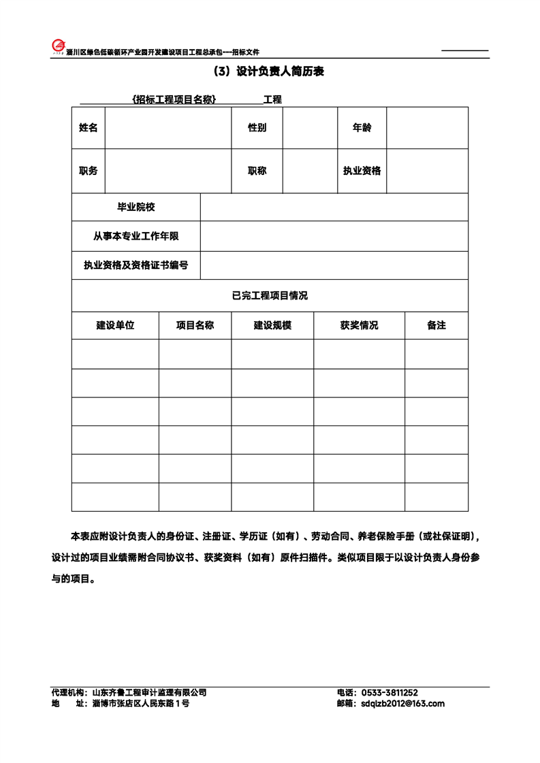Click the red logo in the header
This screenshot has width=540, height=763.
point(59,46)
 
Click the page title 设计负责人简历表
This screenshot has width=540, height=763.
point(269,71)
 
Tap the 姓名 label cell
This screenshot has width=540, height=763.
point(89,128)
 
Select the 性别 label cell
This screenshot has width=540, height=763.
point(257,128)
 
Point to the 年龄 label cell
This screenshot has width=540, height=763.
point(362,128)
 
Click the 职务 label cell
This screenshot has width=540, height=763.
point(89,171)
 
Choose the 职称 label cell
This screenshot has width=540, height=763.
point(257,171)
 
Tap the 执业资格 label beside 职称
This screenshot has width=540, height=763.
point(362,171)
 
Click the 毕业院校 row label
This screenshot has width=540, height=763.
point(136,207)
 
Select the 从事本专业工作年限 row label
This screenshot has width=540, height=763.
point(136,236)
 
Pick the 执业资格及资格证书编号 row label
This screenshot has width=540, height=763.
point(136,265)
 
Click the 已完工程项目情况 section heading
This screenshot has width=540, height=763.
point(270,295)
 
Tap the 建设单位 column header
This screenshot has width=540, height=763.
point(115,325)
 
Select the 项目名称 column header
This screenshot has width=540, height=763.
point(195,325)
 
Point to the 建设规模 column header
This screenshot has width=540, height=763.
point(272,325)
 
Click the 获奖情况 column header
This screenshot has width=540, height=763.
point(359,325)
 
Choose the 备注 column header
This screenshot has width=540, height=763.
point(436,325)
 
